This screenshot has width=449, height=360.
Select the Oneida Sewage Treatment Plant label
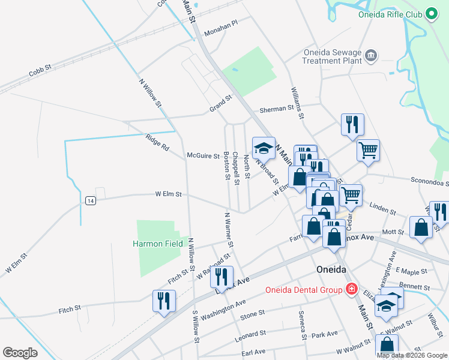(332, 56)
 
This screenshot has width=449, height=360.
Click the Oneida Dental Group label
(304, 290)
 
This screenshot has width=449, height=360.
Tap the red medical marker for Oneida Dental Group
(351, 290)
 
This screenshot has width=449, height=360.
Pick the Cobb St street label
(40, 71)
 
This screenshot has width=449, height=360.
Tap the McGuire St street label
(203, 156)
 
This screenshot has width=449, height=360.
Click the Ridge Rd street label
(157, 142)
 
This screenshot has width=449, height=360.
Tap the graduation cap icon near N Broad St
(263, 148)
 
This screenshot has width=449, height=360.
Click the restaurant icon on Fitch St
(164, 301)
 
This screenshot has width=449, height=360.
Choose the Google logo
(20, 353)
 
